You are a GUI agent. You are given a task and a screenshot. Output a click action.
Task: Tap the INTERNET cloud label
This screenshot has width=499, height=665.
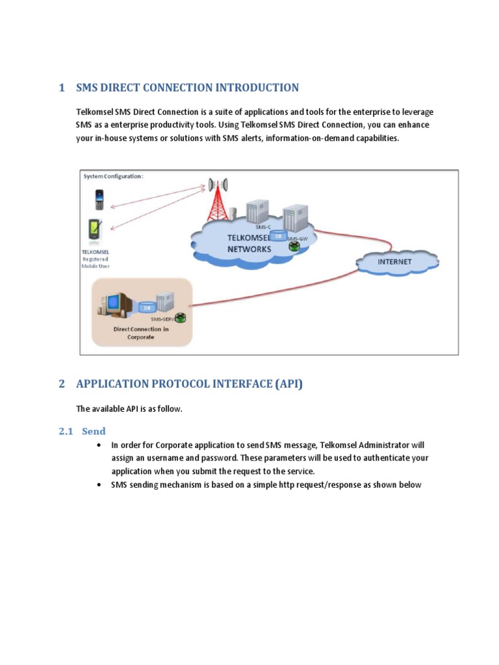pos(396,262)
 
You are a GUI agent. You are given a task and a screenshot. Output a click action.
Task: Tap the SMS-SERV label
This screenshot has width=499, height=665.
pos(162,320)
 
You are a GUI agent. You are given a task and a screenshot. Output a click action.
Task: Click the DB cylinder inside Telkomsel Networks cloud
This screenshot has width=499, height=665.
pos(277,236)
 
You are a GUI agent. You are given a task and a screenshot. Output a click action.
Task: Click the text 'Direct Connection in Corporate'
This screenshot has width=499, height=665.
pos(142,333)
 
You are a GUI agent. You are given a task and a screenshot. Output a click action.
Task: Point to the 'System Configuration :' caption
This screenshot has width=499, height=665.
pos(113,176)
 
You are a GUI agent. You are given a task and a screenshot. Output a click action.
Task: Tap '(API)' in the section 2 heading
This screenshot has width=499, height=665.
pos(289,384)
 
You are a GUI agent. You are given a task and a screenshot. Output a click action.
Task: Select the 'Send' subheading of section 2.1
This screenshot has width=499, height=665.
pos(94,431)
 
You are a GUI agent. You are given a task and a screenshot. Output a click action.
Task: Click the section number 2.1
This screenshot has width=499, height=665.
pos(66,431)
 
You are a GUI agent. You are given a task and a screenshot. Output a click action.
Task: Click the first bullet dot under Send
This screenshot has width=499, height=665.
pos(98,445)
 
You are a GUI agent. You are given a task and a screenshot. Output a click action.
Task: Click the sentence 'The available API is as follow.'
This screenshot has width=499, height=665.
pos(129,408)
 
